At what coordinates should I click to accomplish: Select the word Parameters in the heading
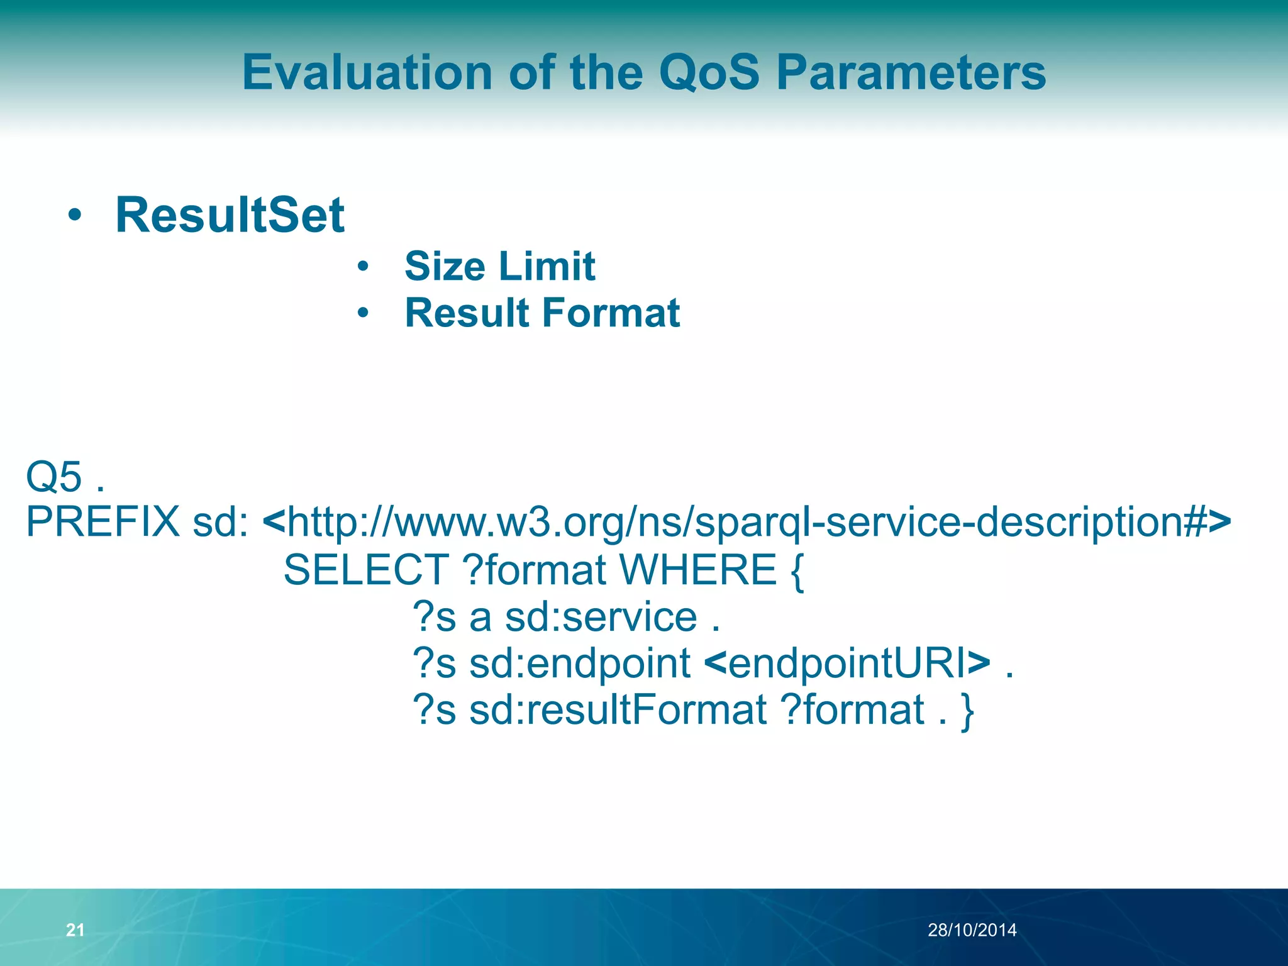pos(911,73)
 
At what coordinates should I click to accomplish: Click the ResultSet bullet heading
pos(230,216)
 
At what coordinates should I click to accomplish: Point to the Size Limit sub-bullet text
pos(499,267)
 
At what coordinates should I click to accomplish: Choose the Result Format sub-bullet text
pos(542,313)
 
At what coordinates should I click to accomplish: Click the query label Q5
pos(54,477)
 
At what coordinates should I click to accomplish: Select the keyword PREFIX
pos(103,522)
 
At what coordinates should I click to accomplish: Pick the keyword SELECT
pos(366,570)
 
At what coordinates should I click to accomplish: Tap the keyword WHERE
pos(698,570)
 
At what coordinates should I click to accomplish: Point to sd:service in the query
pos(601,617)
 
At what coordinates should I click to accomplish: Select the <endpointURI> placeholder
pos(847,663)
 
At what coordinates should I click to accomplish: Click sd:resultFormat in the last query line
pos(618,710)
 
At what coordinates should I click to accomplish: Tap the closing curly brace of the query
pos(967,711)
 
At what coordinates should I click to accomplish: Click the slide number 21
pos(75,930)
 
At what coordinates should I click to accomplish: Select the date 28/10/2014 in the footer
pos(972,930)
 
